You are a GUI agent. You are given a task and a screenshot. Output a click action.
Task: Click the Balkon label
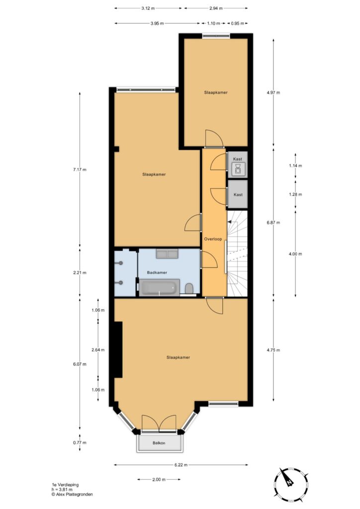(x=159, y=443)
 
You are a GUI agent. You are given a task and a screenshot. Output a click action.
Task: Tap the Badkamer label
(x=157, y=272)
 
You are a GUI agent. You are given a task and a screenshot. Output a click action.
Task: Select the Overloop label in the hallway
(x=213, y=239)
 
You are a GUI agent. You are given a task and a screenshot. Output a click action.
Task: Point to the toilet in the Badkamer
(x=189, y=288)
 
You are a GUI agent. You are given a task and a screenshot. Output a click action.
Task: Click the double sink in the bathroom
(x=167, y=254)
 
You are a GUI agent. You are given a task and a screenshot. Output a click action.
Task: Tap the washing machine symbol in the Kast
(x=238, y=169)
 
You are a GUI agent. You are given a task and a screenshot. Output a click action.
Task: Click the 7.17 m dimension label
(x=80, y=170)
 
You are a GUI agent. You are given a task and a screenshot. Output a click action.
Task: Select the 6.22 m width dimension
(x=181, y=465)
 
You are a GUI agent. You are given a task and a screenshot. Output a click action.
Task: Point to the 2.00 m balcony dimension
(x=159, y=480)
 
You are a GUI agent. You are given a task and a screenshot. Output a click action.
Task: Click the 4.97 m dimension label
(x=273, y=92)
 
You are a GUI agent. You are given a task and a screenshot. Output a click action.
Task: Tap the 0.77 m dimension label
(x=80, y=442)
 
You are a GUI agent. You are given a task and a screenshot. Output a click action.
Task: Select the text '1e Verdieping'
(x=65, y=485)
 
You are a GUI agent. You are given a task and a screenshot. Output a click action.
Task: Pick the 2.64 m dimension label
(x=98, y=350)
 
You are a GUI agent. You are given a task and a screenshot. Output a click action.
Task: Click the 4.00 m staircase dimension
(x=295, y=254)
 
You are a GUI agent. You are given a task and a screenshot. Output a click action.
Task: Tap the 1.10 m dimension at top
(x=214, y=23)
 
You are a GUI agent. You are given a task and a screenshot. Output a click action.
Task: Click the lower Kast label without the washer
(x=238, y=195)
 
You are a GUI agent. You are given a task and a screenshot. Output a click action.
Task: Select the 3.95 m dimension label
(x=157, y=23)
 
